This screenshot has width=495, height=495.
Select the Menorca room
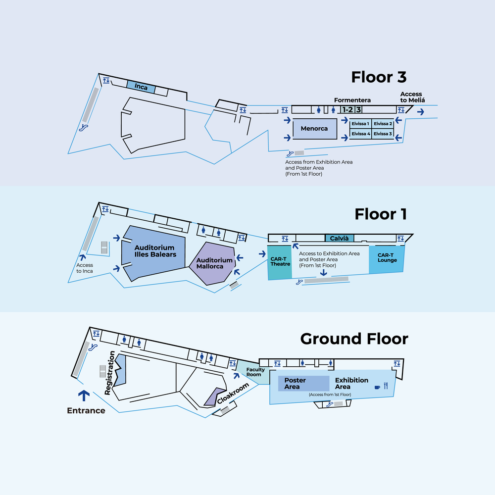point(314,129)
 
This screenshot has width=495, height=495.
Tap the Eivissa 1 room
point(360,124)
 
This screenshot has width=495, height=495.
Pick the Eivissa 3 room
point(383,134)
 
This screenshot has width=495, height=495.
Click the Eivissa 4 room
point(360,134)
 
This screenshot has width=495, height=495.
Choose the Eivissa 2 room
point(383,124)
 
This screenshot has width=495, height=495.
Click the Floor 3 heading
point(379,77)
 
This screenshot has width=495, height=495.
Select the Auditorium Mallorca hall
point(214,263)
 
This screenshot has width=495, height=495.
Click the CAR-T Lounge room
point(387,258)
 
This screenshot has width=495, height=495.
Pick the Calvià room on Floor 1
point(339,238)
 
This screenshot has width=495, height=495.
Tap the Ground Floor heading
point(354,339)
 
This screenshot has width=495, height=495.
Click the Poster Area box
point(303,384)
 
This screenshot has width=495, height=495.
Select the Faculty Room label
point(255,372)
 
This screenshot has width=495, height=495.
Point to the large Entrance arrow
point(84,395)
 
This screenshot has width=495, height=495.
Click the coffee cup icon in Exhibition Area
point(377,387)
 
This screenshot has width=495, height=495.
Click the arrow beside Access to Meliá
point(420,112)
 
